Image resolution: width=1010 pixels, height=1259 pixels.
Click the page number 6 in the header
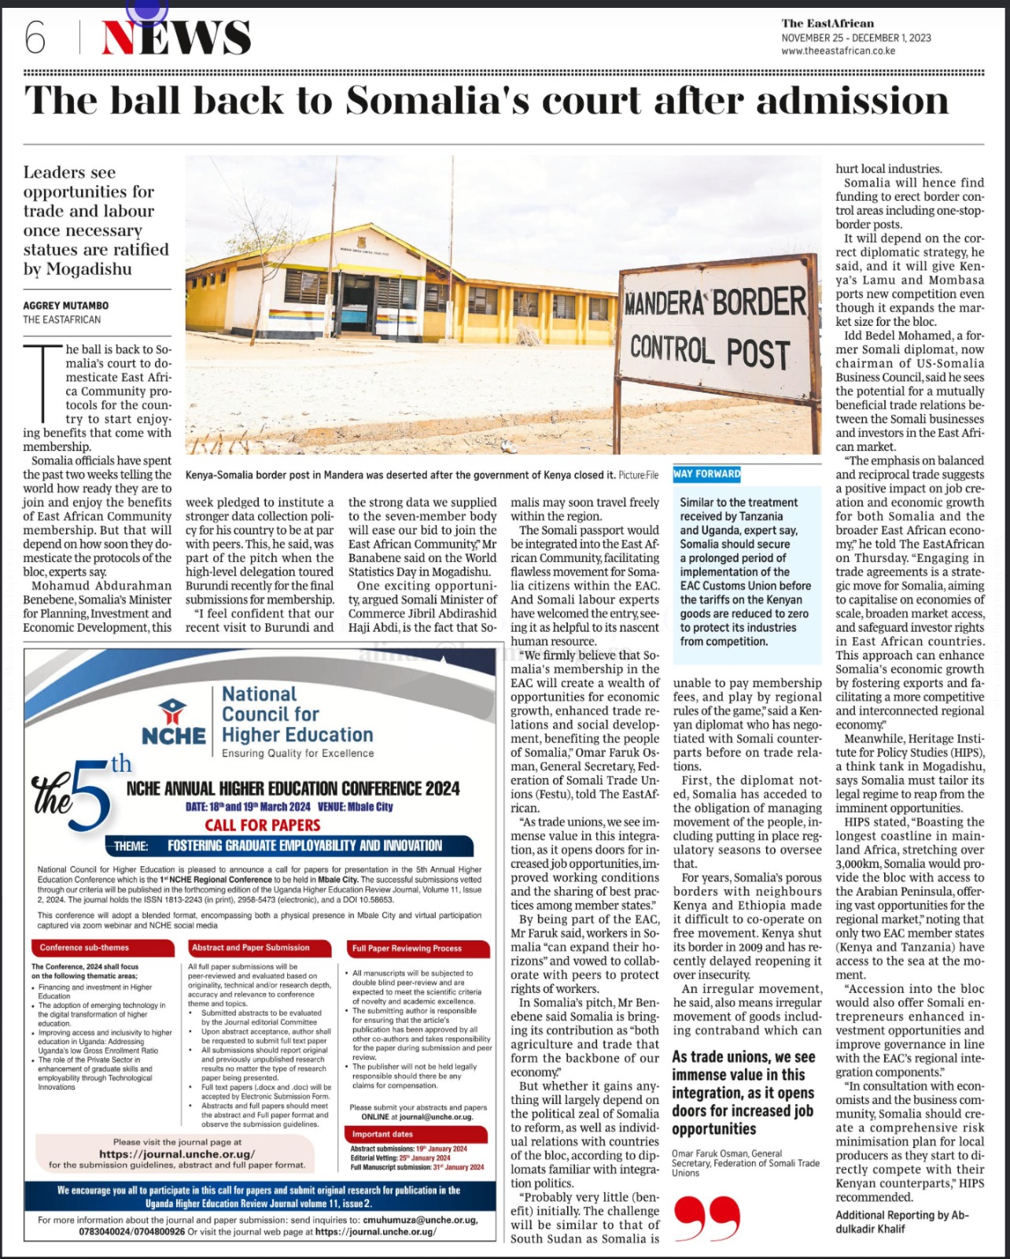(x=35, y=37)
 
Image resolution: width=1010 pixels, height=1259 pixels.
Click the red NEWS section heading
(x=176, y=37)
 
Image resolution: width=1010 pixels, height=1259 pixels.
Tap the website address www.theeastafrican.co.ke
(x=838, y=51)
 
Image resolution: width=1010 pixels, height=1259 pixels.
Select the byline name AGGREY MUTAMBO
(x=66, y=305)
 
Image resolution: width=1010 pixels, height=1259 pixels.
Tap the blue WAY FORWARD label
(x=707, y=474)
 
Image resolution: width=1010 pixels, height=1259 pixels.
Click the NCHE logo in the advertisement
(x=173, y=721)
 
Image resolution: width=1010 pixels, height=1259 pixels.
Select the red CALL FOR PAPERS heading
(x=263, y=825)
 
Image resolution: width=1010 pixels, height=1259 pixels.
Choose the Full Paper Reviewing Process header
(x=418, y=948)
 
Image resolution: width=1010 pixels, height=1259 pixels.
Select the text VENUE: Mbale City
(x=355, y=807)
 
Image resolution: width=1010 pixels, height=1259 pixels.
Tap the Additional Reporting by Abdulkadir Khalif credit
(x=901, y=1221)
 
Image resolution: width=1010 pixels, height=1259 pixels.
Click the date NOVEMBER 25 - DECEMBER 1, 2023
(x=856, y=38)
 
